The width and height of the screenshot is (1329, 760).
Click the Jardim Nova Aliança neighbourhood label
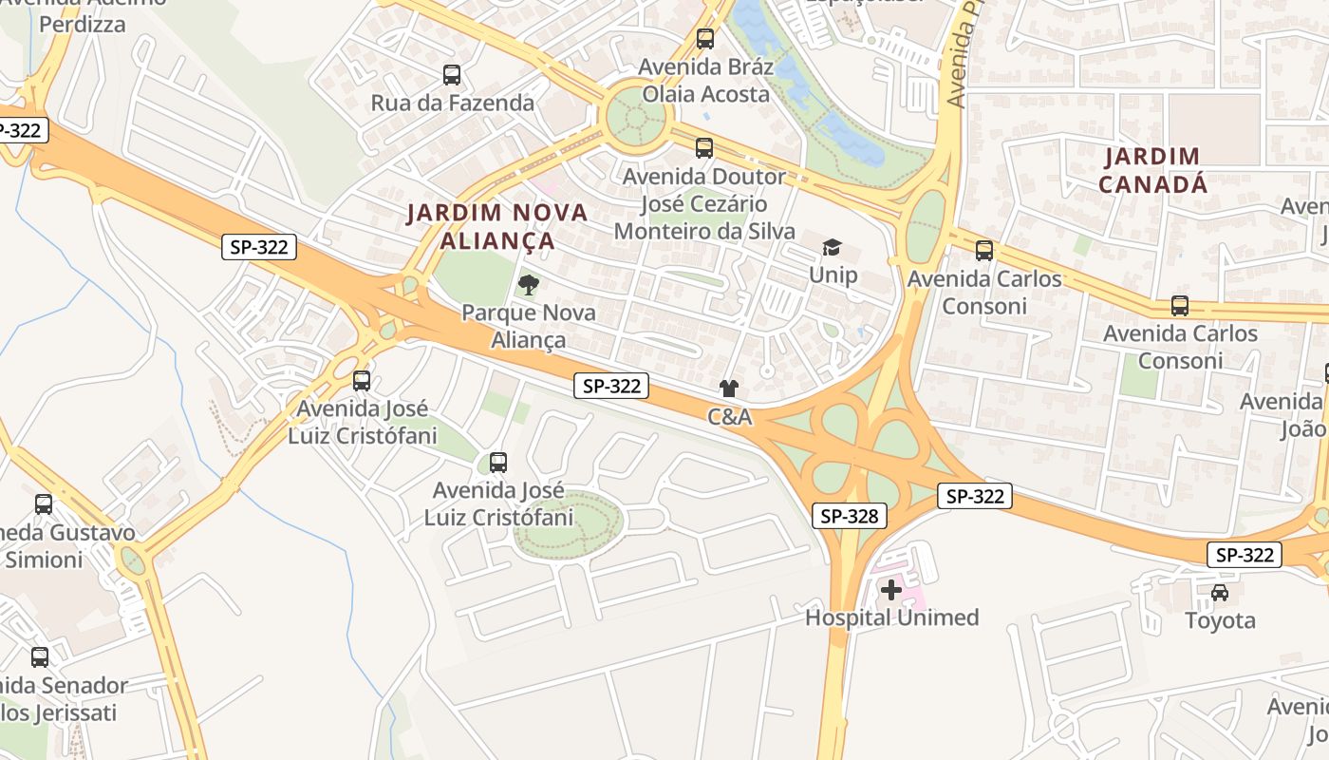(497, 226)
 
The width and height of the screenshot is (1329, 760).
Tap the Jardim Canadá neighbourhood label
(1152, 170)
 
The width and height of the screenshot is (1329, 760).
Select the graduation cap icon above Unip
(833, 248)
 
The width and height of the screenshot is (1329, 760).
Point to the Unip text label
(833, 275)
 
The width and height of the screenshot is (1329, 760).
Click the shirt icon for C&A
(728, 389)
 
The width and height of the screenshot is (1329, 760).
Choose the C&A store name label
(729, 417)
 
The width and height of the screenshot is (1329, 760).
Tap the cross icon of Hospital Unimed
(890, 590)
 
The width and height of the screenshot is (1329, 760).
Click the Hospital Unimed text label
(891, 617)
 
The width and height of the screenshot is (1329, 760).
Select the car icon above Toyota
(1220, 593)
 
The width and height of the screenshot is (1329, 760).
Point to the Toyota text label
(1220, 620)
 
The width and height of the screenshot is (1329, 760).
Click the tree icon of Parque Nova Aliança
(529, 284)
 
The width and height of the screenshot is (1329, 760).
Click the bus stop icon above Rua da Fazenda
(452, 75)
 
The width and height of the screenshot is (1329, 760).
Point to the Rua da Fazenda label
(452, 103)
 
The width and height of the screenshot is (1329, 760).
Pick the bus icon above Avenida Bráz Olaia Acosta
(704, 39)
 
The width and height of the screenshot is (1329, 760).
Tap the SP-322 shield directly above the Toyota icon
(1244, 555)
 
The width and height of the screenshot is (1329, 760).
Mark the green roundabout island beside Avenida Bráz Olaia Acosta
(636, 118)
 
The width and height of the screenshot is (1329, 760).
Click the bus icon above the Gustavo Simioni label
(44, 504)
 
